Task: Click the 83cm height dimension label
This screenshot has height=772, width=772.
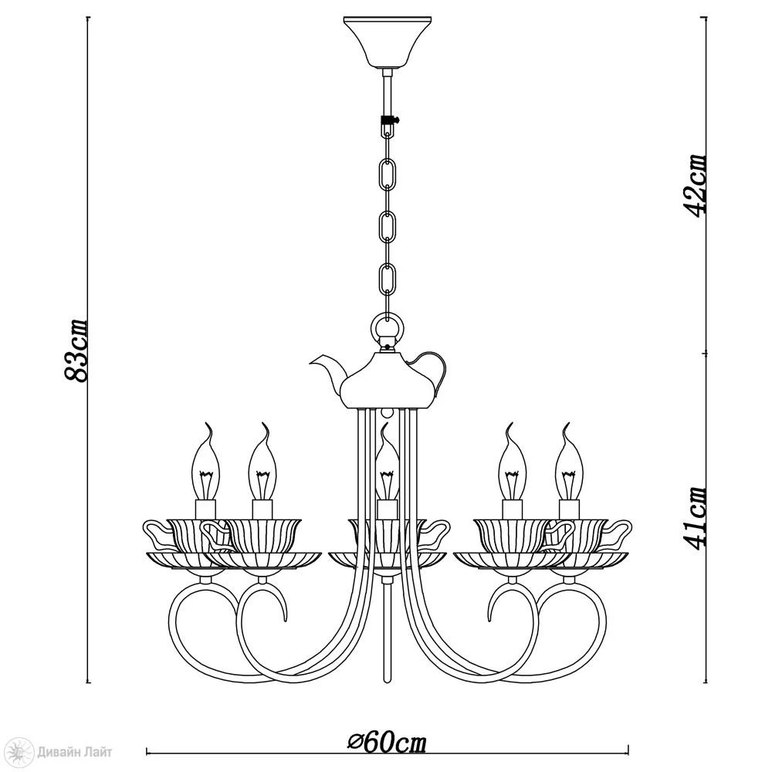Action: coord(76,350)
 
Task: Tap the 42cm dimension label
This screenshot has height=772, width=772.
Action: coord(696,185)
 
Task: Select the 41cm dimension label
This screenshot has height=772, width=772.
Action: coord(696,518)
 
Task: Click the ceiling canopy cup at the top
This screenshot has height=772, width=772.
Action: coord(387,42)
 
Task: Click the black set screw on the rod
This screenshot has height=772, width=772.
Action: coord(389,120)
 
